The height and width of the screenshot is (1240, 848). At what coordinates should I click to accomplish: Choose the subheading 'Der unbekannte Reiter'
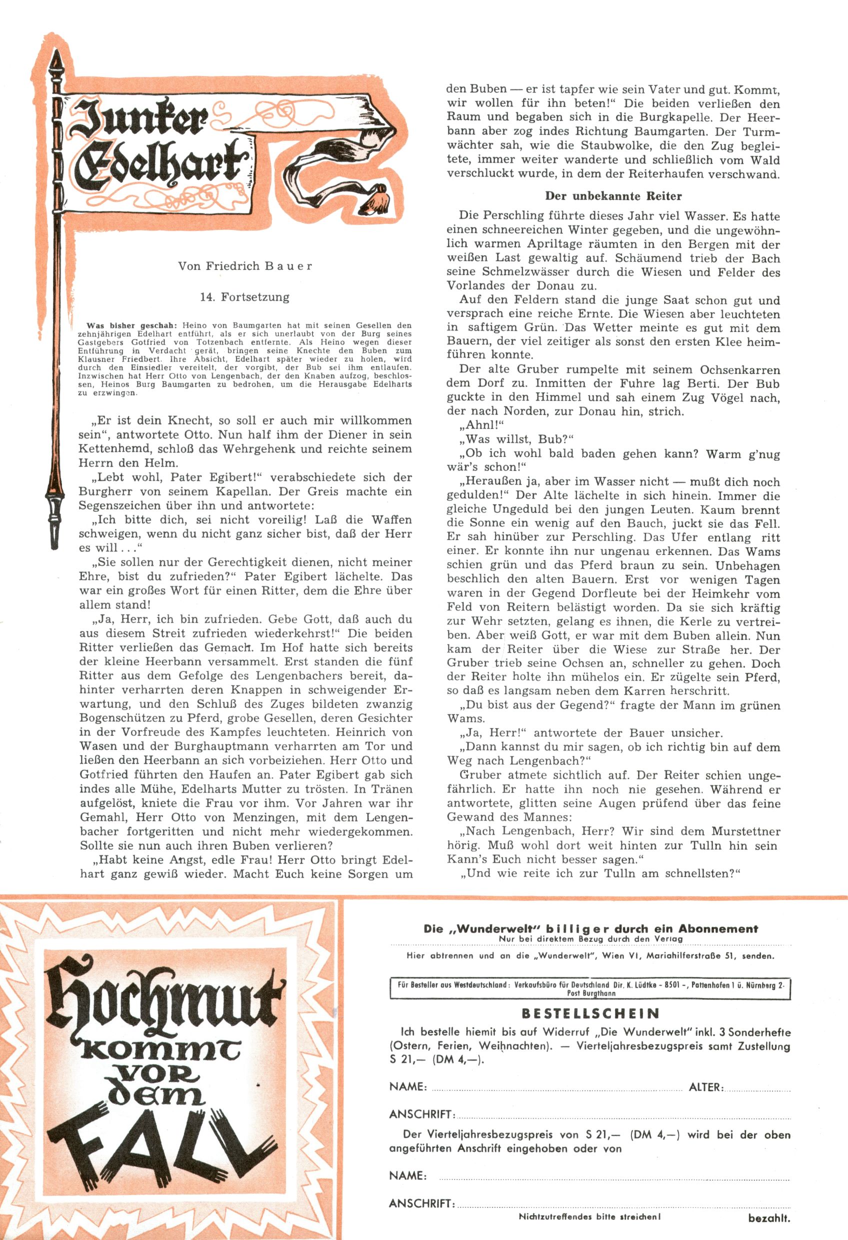pos(613,196)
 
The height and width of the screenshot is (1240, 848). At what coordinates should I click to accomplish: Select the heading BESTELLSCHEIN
pos(590,1012)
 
